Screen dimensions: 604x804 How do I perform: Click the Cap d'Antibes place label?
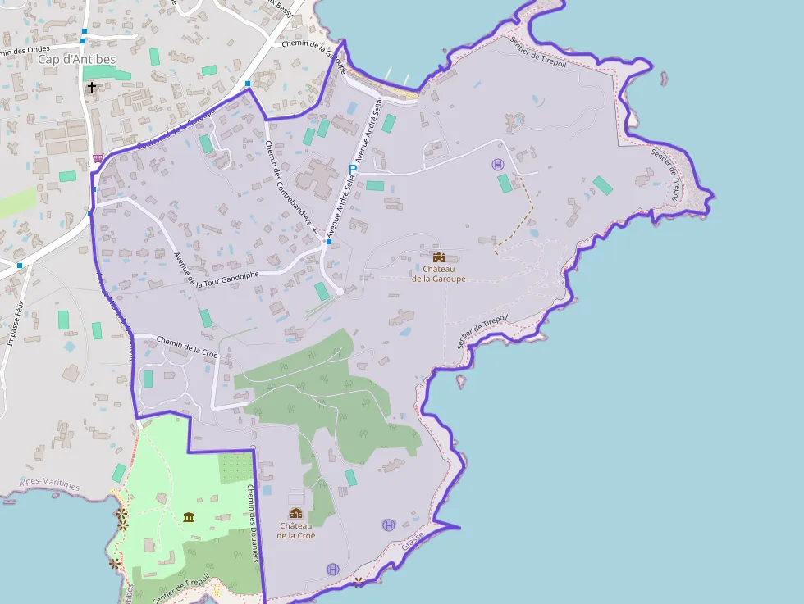[x=76, y=59]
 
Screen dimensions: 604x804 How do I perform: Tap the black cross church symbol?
[x=92, y=86]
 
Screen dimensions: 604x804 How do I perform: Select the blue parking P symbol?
[x=353, y=170]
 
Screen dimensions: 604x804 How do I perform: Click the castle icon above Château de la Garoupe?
[x=439, y=257]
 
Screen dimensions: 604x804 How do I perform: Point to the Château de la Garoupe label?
[x=438, y=273]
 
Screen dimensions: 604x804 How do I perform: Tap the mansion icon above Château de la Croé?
[x=296, y=513]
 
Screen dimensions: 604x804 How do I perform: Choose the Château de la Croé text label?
[x=296, y=530]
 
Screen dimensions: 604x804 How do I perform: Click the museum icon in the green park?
[x=190, y=517]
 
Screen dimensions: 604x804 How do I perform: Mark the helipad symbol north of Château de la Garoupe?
[x=498, y=165]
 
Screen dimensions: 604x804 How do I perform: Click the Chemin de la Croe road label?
[x=186, y=348]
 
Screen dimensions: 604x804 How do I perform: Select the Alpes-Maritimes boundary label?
[x=51, y=485]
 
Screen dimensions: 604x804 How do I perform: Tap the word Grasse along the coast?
[x=413, y=538]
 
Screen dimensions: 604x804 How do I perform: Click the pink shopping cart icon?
[x=98, y=158]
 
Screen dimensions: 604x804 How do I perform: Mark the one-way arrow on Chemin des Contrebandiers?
[x=315, y=231]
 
